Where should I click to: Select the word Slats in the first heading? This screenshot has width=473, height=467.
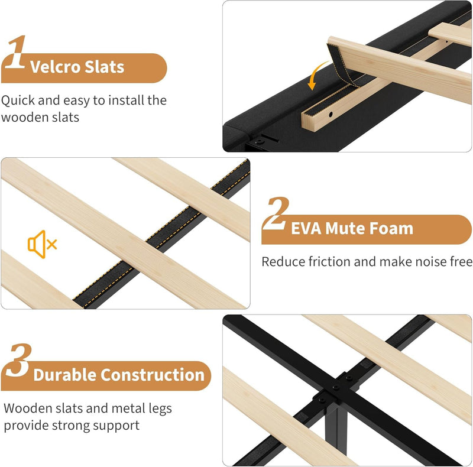(105, 67)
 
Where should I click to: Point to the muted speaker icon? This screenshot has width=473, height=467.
(42, 244)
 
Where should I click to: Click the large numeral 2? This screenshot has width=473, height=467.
(275, 213)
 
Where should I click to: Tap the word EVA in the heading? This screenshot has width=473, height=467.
(306, 228)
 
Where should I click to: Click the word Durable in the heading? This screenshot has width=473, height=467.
(64, 375)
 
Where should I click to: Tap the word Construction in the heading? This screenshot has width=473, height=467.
(153, 375)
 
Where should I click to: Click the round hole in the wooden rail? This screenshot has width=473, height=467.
(331, 114)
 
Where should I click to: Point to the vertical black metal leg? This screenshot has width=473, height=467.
(336, 428)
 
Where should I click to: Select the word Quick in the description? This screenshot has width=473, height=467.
(18, 100)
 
